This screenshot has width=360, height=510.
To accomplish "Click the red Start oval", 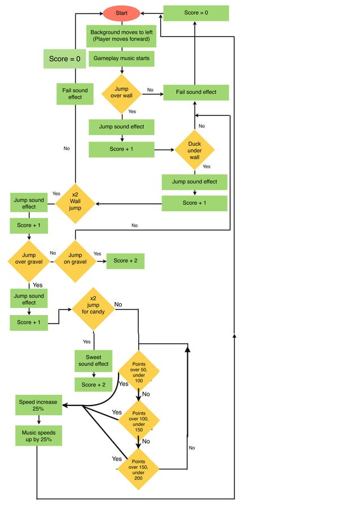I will point(121,12).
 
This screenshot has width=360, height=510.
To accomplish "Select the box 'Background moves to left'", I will point(121,36).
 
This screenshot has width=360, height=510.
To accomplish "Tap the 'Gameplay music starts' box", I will point(121,59).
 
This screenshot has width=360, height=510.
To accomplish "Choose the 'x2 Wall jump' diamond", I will point(75,203).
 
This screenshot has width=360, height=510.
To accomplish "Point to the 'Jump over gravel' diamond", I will point(28,260).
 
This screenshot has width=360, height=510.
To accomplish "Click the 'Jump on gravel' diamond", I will point(75,260).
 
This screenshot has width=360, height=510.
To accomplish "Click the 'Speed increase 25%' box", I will point(38,405).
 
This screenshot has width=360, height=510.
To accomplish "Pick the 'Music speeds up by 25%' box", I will point(38,436).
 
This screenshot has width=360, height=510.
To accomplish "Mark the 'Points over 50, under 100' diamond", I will point(139,371).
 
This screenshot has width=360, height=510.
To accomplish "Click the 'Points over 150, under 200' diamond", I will point(138,469).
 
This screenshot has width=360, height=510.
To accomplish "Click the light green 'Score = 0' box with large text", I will point(64,59).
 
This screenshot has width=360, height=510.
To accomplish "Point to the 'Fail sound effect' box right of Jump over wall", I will point(196,93).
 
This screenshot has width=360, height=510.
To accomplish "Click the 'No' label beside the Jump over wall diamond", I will point(150,90).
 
